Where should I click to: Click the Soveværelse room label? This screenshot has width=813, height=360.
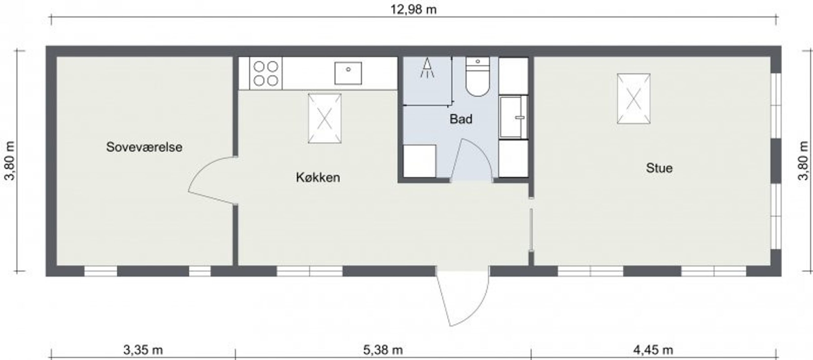144,147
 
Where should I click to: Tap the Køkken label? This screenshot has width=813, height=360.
318,177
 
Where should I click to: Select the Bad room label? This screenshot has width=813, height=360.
461,119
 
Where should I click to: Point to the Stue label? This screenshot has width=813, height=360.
659,168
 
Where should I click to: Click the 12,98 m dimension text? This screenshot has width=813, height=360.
413,9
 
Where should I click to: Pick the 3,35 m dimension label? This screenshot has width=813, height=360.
143,350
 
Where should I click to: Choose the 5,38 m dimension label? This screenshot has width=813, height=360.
383,350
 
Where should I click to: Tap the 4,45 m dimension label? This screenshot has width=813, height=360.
653,350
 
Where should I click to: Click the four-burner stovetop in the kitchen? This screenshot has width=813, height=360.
265,73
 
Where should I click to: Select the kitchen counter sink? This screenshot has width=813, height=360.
348,73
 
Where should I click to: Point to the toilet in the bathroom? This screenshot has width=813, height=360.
478,77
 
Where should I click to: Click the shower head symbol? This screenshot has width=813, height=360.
427,68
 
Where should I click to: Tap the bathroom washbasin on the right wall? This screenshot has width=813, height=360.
513,117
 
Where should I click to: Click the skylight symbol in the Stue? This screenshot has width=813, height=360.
633,99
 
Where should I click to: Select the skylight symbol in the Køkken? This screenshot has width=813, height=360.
325,118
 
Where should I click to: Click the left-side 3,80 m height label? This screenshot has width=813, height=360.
10,161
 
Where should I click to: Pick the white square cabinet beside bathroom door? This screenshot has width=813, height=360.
419,161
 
